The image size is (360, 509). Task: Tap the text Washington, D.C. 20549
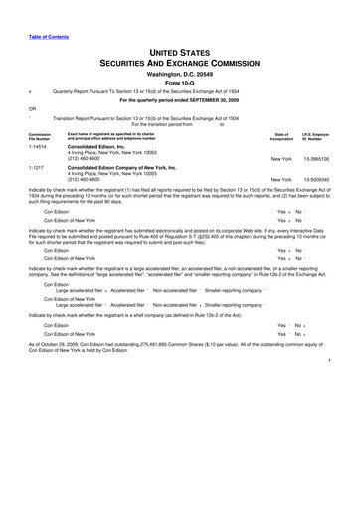pos(179,73)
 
